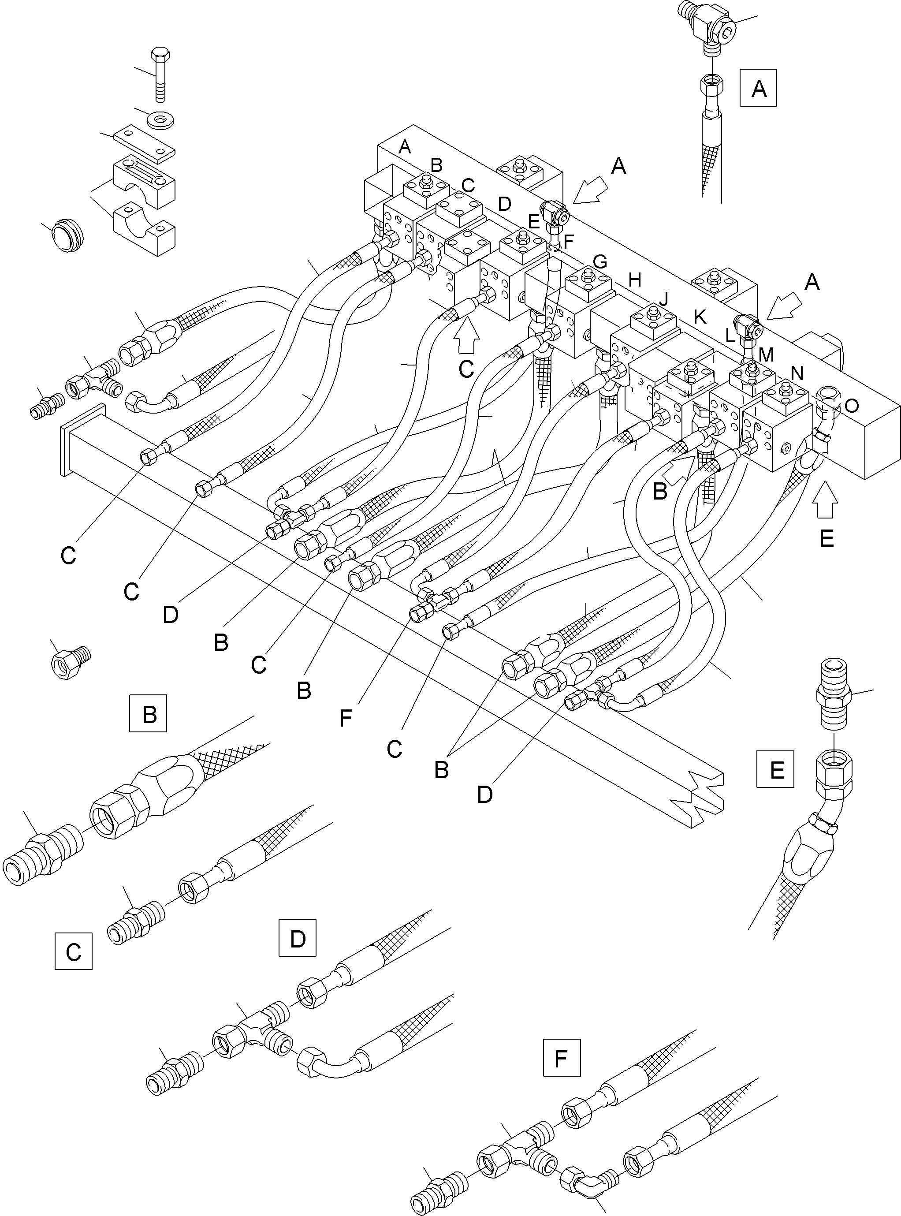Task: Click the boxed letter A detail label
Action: point(758,88)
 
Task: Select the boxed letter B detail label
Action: point(149,713)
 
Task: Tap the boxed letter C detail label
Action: point(74,951)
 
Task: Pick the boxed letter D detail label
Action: point(297,938)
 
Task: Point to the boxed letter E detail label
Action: point(775,769)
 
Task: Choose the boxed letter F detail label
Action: point(561,1058)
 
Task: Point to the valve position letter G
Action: point(599,261)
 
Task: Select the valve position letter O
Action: point(851,405)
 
